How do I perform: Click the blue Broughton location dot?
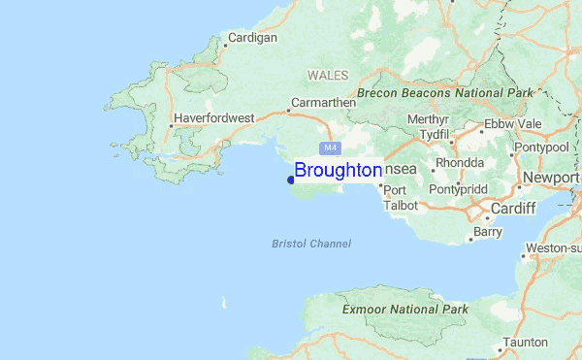[290, 179]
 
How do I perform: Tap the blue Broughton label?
[338, 170]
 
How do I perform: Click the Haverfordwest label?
[214, 118]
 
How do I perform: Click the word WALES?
[327, 75]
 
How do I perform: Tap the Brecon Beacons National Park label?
[445, 93]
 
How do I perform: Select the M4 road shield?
[331, 147]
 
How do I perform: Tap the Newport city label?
[551, 178]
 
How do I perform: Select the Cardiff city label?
[513, 209]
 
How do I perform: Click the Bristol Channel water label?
[311, 244]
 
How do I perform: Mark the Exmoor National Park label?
[405, 310]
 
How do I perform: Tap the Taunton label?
[525, 343]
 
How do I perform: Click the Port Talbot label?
[401, 197]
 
